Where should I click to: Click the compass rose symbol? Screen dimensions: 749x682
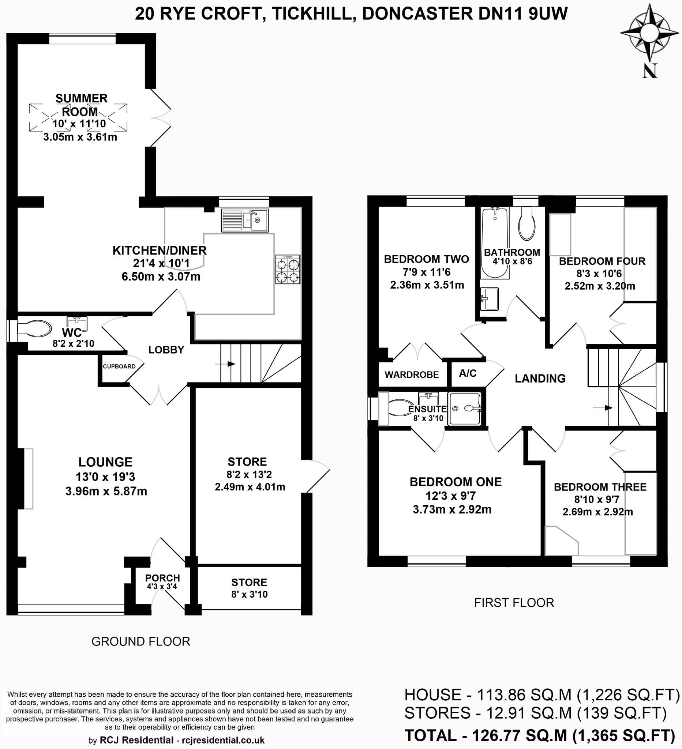pos(650,33)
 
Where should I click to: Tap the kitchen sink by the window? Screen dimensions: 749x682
pos(244,220)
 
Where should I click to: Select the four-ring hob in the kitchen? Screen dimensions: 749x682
pos(288,270)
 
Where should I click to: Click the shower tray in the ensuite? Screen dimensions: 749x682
pos(465,409)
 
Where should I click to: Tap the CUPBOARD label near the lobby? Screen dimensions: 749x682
pos(119,366)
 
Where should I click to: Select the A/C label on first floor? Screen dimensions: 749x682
pos(467,373)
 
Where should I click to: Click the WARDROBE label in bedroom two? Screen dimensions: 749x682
pos(411,374)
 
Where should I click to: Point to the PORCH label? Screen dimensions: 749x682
pos(162,578)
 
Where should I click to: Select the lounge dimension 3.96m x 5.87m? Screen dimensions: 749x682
pos(106,492)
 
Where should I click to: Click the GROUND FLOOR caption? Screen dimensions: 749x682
pos(140,641)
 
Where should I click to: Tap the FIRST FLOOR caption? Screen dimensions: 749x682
pos(514,603)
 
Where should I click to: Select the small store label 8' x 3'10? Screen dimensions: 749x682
pos(249,594)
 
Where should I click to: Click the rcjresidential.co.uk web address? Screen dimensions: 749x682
pos(223,741)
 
